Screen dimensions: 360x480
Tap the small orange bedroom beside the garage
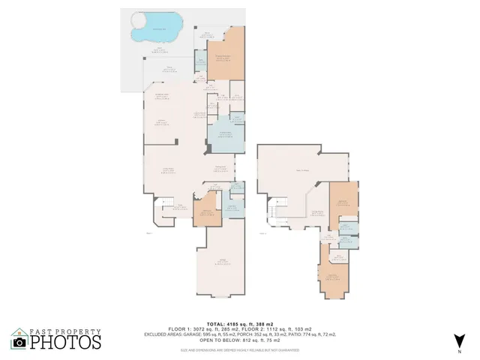(x=206, y=211)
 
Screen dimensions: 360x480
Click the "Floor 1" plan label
(x=148, y=232)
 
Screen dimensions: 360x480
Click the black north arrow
(x=460, y=340)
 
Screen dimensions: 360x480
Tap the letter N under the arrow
(x=460, y=352)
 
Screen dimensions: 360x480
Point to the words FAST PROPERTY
(x=64, y=330)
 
